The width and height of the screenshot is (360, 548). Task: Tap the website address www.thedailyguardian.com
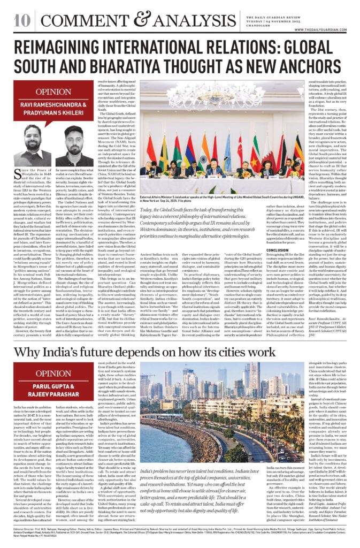coord(326,30)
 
